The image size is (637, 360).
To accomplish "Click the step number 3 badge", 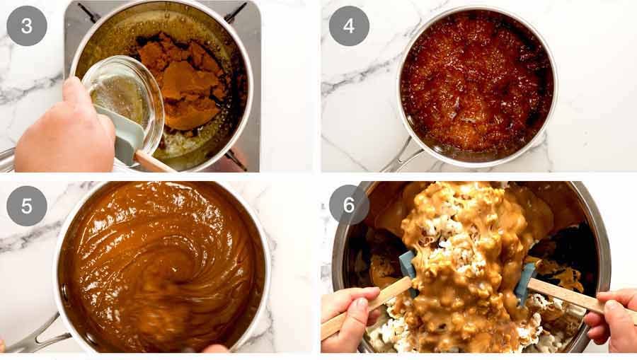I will coord(27,26).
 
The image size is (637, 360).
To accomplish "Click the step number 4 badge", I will coord(349,26).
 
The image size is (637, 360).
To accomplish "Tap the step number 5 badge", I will coord(27,206).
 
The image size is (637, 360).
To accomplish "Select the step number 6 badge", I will coord(349,205).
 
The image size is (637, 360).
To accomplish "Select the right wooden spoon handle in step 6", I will coord(566,294).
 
